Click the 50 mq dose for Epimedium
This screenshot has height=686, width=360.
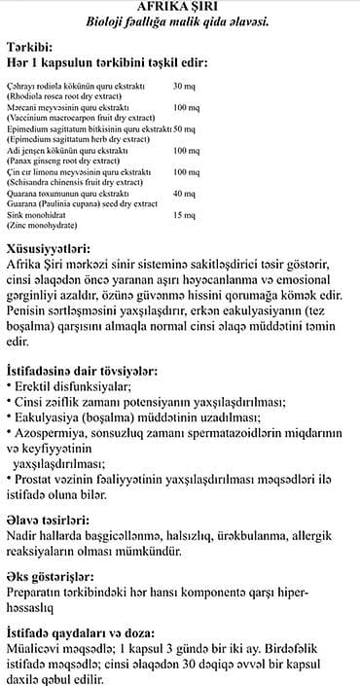[x=185, y=129]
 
